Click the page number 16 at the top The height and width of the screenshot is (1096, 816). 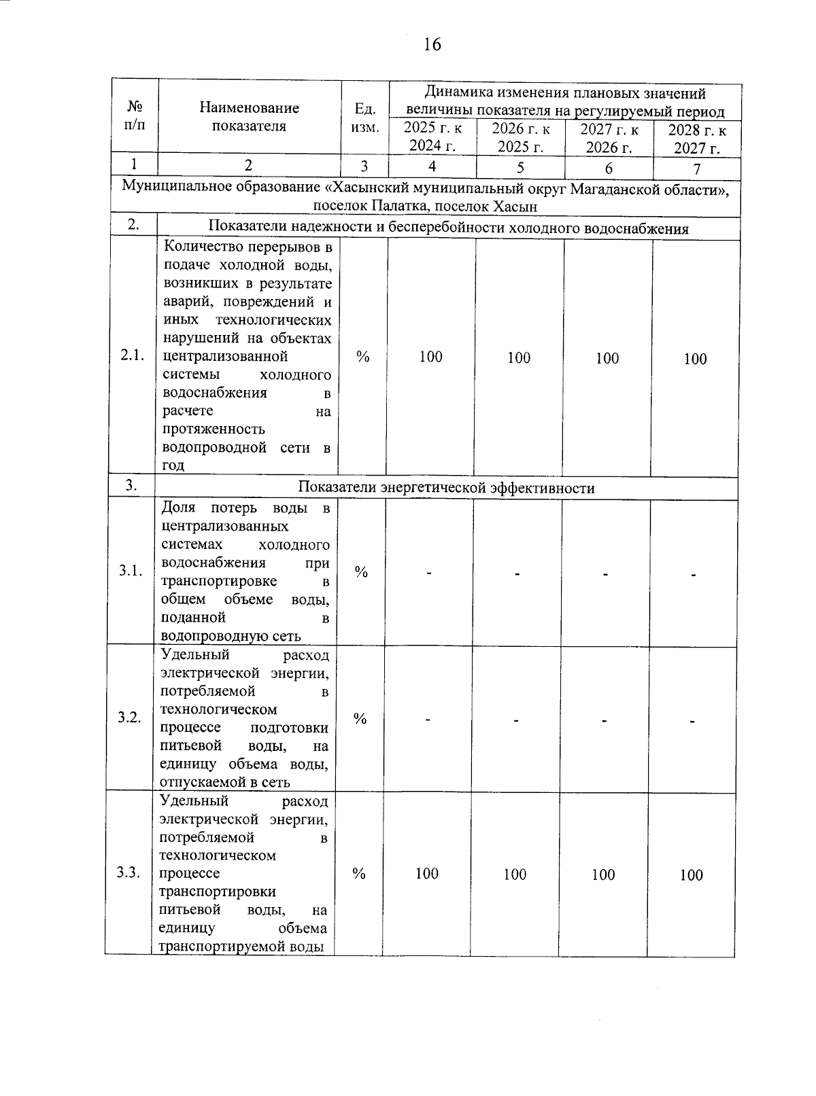pyautogui.click(x=432, y=45)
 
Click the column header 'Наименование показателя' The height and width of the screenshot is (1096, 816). pyautogui.click(x=249, y=117)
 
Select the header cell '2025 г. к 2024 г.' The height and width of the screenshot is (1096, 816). pyautogui.click(x=432, y=138)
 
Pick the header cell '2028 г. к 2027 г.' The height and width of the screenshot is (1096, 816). pyautogui.click(x=697, y=139)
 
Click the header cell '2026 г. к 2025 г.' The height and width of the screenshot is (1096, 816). pyautogui.click(x=520, y=138)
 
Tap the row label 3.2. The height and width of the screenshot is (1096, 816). pyautogui.click(x=129, y=718)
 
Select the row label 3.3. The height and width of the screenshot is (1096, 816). pyautogui.click(x=129, y=873)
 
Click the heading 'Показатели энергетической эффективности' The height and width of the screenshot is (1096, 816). pyautogui.click(x=447, y=488)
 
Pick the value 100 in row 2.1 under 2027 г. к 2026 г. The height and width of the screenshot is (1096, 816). pyautogui.click(x=607, y=358)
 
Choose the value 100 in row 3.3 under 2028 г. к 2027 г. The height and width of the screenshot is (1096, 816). pyautogui.click(x=691, y=875)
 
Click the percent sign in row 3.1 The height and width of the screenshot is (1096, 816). pyautogui.click(x=361, y=572)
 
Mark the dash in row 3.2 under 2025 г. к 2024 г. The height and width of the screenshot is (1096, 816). pyautogui.click(x=428, y=720)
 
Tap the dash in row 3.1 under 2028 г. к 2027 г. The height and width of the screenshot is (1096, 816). pyautogui.click(x=693, y=575)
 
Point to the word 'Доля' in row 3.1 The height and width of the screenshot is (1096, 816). pyautogui.click(x=177, y=508)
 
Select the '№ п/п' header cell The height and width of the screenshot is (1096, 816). pyautogui.click(x=135, y=116)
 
